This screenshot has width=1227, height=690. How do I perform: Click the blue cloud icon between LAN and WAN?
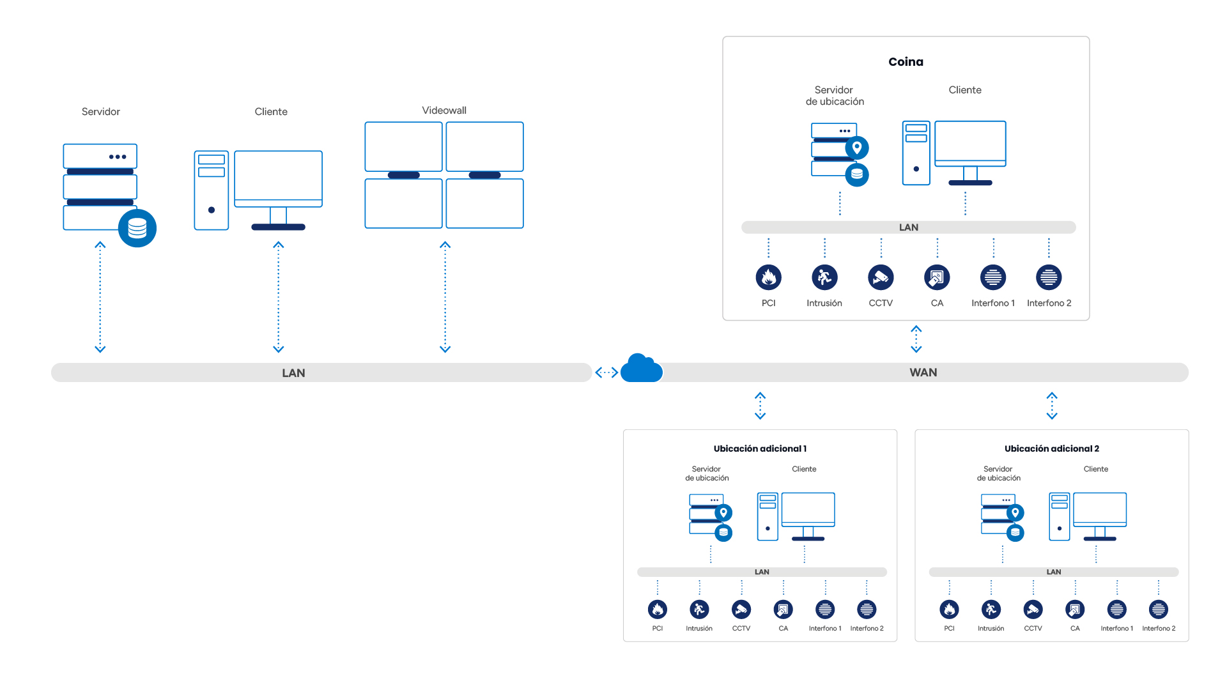pos(641,369)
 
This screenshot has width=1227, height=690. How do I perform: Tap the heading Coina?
pos(906,62)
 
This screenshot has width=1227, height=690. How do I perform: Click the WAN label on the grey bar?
pos(923,372)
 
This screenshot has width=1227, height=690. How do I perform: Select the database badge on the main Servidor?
pos(137,228)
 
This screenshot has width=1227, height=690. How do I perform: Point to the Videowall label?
pos(444,111)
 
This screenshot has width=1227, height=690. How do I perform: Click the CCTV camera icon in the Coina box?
pos(881,277)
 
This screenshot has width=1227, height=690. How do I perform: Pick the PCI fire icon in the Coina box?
pos(768,277)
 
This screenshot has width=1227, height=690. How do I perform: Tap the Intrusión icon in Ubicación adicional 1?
pos(699,609)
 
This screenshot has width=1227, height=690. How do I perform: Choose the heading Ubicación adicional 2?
pos(1051,448)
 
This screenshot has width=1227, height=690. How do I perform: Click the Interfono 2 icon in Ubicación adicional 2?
pos(1158,609)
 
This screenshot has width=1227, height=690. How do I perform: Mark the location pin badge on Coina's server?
pos(857,148)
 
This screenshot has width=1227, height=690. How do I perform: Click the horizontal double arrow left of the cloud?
pos(606,372)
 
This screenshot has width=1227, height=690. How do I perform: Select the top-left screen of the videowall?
pos(403,146)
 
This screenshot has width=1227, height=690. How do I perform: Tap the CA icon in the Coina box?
pos(937,277)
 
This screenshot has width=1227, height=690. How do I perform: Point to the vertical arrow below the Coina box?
pos(916,339)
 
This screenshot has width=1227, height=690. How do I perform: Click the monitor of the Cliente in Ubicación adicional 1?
pos(808,509)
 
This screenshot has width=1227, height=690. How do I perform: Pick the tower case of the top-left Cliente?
pos(212,190)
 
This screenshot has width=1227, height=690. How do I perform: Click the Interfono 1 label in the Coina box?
pos(992,303)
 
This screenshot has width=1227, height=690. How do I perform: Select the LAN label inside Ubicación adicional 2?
pos(1053,572)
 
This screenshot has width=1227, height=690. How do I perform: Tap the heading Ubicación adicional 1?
pos(760,448)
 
